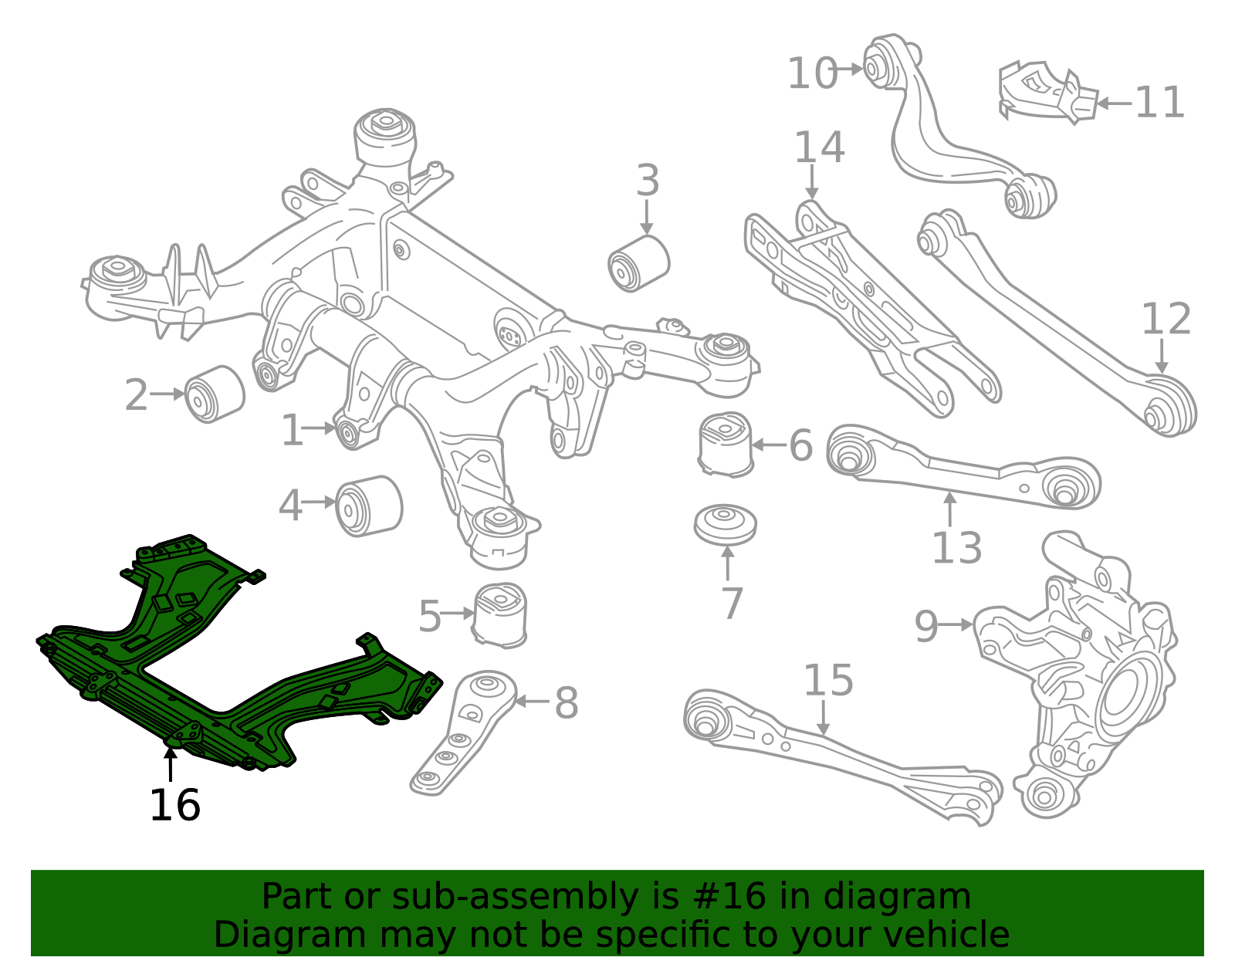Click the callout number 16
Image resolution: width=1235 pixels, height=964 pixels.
[174, 806]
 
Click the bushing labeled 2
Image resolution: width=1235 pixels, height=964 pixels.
[215, 394]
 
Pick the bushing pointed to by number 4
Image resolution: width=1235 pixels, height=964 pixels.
[369, 506]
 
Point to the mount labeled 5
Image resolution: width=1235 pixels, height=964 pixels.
[500, 614]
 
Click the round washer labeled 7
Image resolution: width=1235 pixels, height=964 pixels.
[725, 525]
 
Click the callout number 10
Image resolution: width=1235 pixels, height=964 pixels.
[812, 74]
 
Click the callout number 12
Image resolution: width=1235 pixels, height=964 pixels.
[1166, 319]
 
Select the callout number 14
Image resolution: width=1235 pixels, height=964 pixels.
[819, 147]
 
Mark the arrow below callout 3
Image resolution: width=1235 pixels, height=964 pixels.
[647, 217]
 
